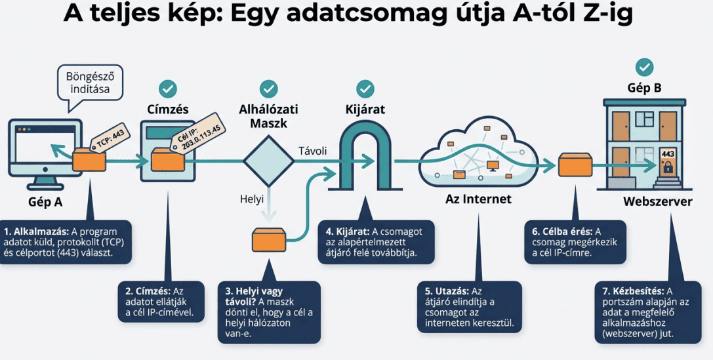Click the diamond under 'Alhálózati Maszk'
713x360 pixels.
click(x=269, y=161)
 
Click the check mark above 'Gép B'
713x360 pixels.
click(x=645, y=66)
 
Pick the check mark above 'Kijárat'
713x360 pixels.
click(x=365, y=88)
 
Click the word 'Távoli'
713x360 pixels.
click(x=312, y=151)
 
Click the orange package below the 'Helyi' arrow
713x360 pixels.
click(x=270, y=240)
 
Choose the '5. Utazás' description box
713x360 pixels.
click(x=470, y=306)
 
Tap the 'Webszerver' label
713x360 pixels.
click(x=657, y=201)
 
